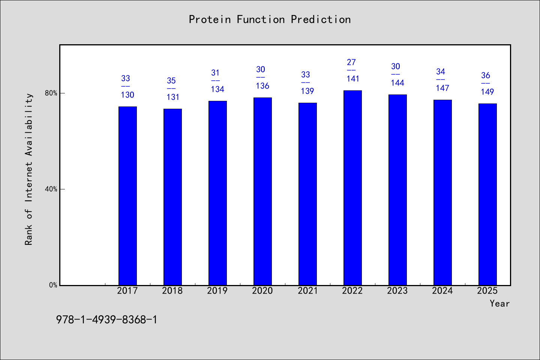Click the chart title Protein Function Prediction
(x=270, y=19)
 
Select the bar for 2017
(x=127, y=196)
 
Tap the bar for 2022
(x=352, y=188)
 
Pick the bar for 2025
(x=487, y=194)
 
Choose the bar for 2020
(x=262, y=192)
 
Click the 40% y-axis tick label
(x=51, y=189)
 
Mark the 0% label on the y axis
(x=53, y=285)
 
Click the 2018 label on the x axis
(x=172, y=291)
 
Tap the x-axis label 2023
(x=397, y=291)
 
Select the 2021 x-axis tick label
(x=307, y=291)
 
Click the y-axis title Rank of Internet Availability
(x=28, y=169)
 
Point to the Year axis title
(x=499, y=303)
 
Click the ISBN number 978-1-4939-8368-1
(x=106, y=320)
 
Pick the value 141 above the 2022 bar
(x=352, y=79)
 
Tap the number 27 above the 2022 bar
(x=351, y=62)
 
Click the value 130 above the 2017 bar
(x=127, y=95)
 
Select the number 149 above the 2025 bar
(x=487, y=91)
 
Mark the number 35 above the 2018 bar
(x=171, y=81)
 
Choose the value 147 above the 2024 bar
(x=442, y=88)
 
